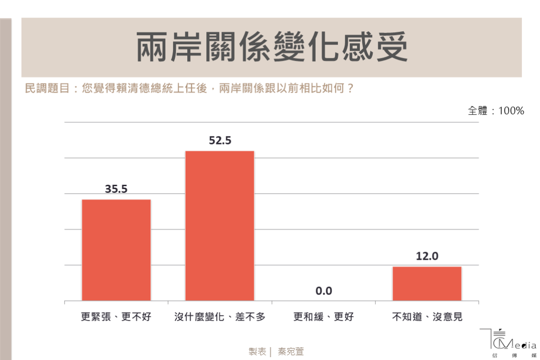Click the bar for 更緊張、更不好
[x=116, y=250]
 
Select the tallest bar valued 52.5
[x=220, y=226]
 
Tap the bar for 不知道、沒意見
[x=427, y=284]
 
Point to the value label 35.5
[x=116, y=189]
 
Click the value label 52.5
[x=220, y=141]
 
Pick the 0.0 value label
[x=324, y=291]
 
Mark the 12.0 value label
[x=427, y=256]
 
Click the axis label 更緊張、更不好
[x=116, y=317]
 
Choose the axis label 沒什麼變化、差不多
[x=220, y=317]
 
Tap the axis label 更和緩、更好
[x=324, y=317]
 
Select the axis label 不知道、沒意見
[x=427, y=317]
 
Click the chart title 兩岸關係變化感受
[x=272, y=47]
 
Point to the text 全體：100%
[x=496, y=111]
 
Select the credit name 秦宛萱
[x=290, y=351]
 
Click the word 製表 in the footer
[x=257, y=351]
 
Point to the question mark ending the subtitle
[x=351, y=89]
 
